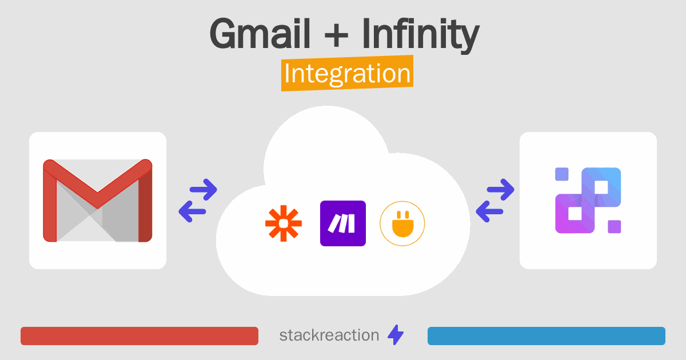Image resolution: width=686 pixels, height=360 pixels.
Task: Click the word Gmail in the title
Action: [261, 34]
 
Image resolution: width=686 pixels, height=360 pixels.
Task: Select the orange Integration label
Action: [347, 75]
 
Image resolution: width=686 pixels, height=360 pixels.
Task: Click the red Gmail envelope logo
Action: [97, 201]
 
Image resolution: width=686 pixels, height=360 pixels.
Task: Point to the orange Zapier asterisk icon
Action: [283, 223]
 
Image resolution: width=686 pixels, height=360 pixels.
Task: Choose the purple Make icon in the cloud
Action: [343, 223]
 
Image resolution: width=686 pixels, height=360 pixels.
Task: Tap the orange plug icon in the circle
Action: [402, 223]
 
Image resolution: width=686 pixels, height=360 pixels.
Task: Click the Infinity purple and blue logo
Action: [588, 201]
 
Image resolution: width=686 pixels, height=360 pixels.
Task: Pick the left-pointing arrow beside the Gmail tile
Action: [193, 211]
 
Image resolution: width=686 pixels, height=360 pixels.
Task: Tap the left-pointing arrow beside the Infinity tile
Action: [490, 211]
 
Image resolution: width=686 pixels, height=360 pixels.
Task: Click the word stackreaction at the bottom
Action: [329, 335]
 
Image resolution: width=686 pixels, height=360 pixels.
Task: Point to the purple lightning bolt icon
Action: [396, 335]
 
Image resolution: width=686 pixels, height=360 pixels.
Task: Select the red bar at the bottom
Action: [139, 336]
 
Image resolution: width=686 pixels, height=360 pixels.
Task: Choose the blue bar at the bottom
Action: [546, 336]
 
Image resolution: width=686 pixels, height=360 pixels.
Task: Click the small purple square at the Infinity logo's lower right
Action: [614, 227]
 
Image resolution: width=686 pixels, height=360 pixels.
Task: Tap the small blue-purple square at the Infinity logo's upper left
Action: [562, 174]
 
